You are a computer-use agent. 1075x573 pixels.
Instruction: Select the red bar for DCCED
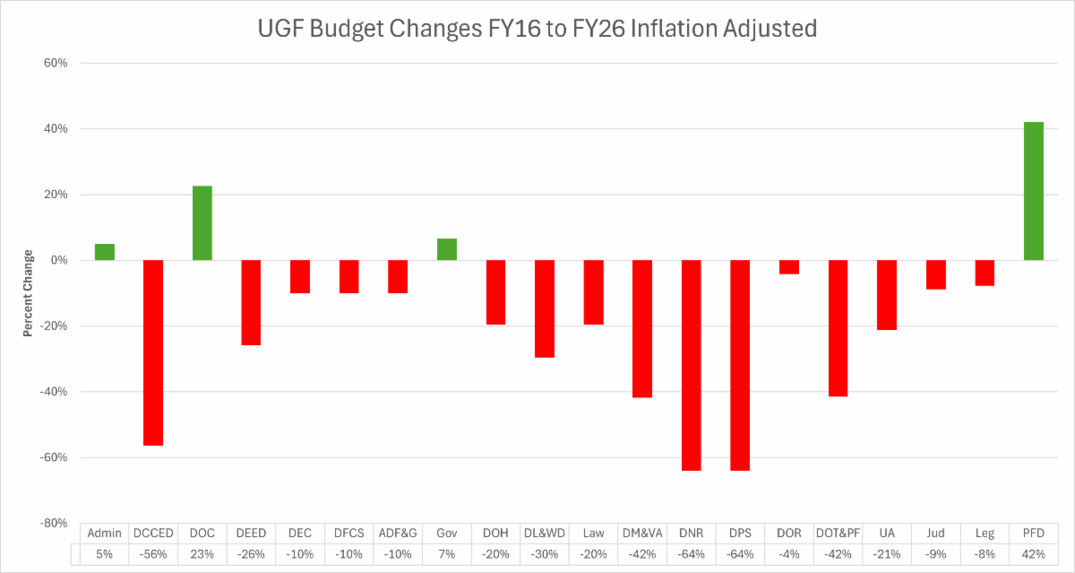pyautogui.click(x=153, y=352)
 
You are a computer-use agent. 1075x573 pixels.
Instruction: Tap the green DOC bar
pyautogui.click(x=202, y=223)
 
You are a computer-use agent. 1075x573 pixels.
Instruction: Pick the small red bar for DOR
pyautogui.click(x=789, y=267)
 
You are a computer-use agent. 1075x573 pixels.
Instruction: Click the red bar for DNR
pyautogui.click(x=692, y=365)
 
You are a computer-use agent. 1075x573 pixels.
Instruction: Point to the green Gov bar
pyautogui.click(x=447, y=249)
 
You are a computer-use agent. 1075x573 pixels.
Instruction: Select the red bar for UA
pyautogui.click(x=887, y=295)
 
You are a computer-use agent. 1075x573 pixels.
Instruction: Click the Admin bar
pyautogui.click(x=105, y=252)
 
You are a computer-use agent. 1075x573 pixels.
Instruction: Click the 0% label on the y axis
pyautogui.click(x=59, y=260)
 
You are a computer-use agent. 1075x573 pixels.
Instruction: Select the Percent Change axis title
pyautogui.click(x=28, y=293)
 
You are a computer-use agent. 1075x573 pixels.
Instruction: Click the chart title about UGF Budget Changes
pyautogui.click(x=537, y=29)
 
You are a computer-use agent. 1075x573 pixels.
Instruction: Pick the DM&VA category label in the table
pyautogui.click(x=642, y=533)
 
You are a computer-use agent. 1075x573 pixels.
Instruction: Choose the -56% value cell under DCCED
pyautogui.click(x=153, y=553)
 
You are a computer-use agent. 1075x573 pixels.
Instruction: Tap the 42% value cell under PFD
pyautogui.click(x=1034, y=553)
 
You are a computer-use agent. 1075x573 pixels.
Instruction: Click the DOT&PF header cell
pyautogui.click(x=838, y=533)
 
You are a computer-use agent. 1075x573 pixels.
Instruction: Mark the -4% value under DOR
pyautogui.click(x=789, y=553)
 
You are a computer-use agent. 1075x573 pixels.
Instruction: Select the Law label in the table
pyautogui.click(x=593, y=533)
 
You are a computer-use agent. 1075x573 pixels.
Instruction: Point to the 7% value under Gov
pyautogui.click(x=447, y=553)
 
